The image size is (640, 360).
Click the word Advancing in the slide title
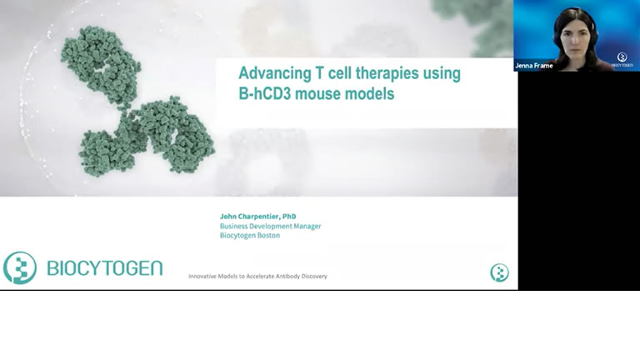coord(275,74)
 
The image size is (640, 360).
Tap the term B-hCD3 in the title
coord(265,93)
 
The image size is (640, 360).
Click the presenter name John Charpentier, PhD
coord(258,217)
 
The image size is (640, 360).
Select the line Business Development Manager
coord(270,226)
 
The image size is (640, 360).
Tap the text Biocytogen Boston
coord(250,236)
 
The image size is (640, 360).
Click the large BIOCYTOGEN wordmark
coord(105,268)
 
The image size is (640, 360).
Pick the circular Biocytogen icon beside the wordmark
coord(20,267)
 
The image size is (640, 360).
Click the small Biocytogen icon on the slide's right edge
coord(500,272)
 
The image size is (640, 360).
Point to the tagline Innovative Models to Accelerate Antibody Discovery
coord(257,277)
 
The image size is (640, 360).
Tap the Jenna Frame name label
coord(534,66)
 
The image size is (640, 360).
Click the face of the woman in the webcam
coord(575,40)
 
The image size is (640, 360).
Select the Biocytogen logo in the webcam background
coord(622,59)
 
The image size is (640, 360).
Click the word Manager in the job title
coord(307,226)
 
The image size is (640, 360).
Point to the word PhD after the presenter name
coord(289,217)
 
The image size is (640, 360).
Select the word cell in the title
coord(340,74)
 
